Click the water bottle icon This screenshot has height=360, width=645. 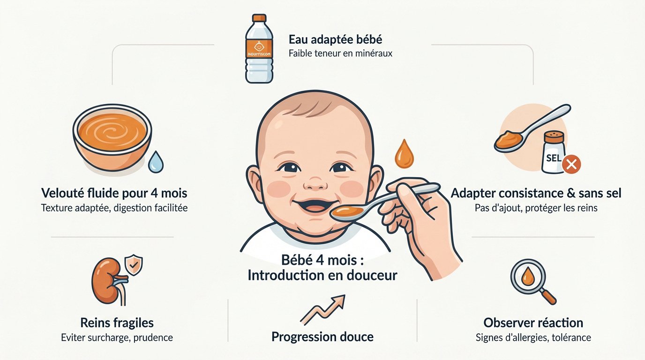point(259,49)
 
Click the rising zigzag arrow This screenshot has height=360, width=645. point(322,309)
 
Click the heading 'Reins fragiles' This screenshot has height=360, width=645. point(117,322)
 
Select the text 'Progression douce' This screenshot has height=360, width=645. point(322,337)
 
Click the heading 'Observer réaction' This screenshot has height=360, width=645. point(533,322)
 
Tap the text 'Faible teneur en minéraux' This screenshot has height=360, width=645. point(340,53)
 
